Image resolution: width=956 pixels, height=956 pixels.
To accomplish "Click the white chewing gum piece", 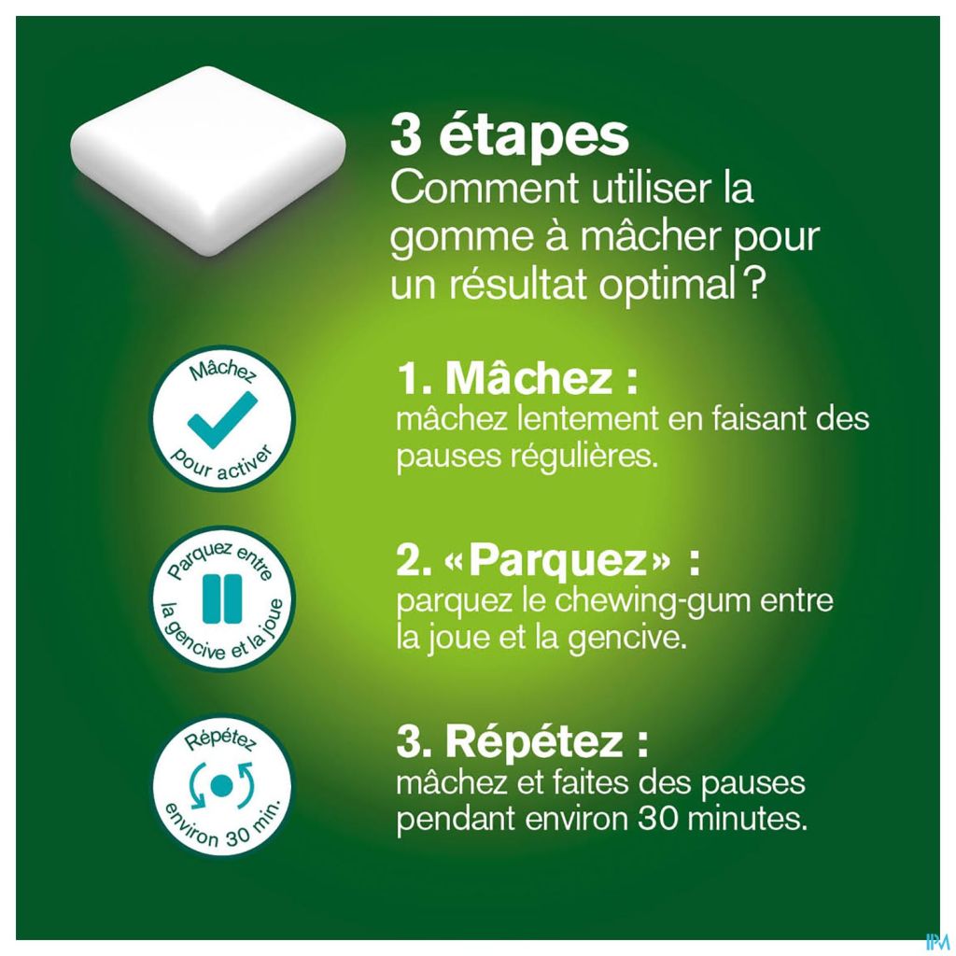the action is point(208,160).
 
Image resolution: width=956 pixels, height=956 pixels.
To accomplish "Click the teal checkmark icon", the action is point(222,420).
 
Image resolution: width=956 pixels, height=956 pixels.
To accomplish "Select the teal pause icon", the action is point(222,598).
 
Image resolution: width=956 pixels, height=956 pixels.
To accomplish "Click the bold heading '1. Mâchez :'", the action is point(517,378).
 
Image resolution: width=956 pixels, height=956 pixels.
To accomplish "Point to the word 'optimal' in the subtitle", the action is point(667,285).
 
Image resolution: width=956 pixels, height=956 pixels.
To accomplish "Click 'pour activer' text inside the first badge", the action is point(220,465).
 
